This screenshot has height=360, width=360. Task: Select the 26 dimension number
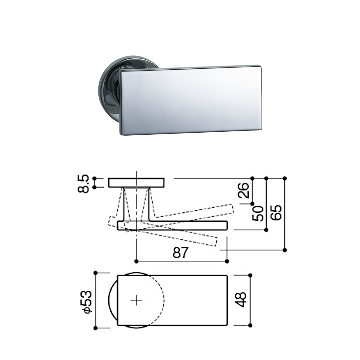(x=243, y=190)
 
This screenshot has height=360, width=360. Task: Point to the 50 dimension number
(x=258, y=214)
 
